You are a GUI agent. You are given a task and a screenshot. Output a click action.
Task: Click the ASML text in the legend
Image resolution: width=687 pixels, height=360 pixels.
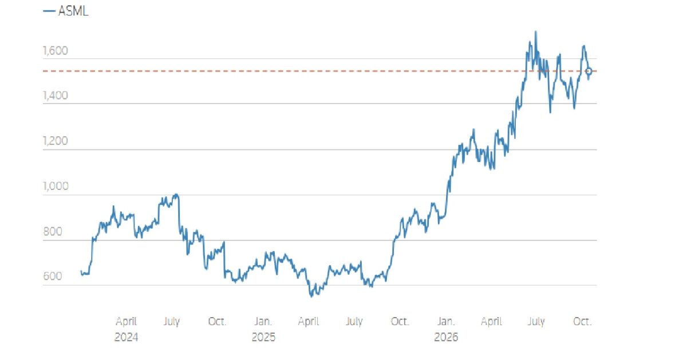pos(73,11)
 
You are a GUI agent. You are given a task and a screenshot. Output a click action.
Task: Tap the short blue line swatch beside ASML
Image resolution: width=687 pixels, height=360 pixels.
pos(49,11)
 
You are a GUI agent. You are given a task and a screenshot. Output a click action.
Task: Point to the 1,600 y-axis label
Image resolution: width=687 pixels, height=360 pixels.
pos(55,50)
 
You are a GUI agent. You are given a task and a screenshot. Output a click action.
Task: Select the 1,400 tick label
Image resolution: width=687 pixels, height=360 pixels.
pos(55,96)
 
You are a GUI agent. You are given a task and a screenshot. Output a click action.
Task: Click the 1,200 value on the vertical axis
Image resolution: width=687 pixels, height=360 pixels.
pos(55,141)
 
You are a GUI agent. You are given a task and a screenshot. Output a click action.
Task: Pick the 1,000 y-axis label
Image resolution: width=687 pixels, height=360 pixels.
pos(56,186)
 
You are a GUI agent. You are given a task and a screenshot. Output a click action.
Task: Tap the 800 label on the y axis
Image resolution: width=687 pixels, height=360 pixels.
pos(53,231)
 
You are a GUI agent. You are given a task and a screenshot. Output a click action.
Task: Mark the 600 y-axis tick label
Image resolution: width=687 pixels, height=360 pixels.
pos(53,276)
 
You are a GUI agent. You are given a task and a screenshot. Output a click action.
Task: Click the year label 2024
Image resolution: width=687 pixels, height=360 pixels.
pos(126,337)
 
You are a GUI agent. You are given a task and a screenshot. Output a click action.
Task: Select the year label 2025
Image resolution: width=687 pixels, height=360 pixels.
pos(263,337)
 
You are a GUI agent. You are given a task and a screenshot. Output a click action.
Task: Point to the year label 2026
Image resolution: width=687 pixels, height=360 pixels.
pos(446,337)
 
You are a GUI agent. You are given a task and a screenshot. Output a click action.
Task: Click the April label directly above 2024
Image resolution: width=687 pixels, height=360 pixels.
pos(126,321)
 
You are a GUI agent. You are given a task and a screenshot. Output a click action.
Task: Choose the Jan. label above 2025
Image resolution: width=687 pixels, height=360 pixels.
pos(263,321)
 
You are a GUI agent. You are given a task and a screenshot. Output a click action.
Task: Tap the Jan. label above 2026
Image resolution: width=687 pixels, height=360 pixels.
pos(446,321)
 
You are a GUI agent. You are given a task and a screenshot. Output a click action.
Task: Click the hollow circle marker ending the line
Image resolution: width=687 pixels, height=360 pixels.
pos(589,71)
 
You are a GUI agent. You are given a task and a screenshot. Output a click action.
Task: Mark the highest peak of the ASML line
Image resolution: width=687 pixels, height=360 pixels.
pos(535,31)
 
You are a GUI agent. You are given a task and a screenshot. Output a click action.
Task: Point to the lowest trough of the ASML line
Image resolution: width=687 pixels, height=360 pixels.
pos(311,296)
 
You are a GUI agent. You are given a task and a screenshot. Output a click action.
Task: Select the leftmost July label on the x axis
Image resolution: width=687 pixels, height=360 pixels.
pos(171,321)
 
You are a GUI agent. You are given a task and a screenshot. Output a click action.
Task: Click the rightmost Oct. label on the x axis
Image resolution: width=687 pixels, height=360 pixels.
pos(582,321)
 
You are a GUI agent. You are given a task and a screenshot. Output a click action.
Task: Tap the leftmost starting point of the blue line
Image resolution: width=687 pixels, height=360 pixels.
pos(81,271)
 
